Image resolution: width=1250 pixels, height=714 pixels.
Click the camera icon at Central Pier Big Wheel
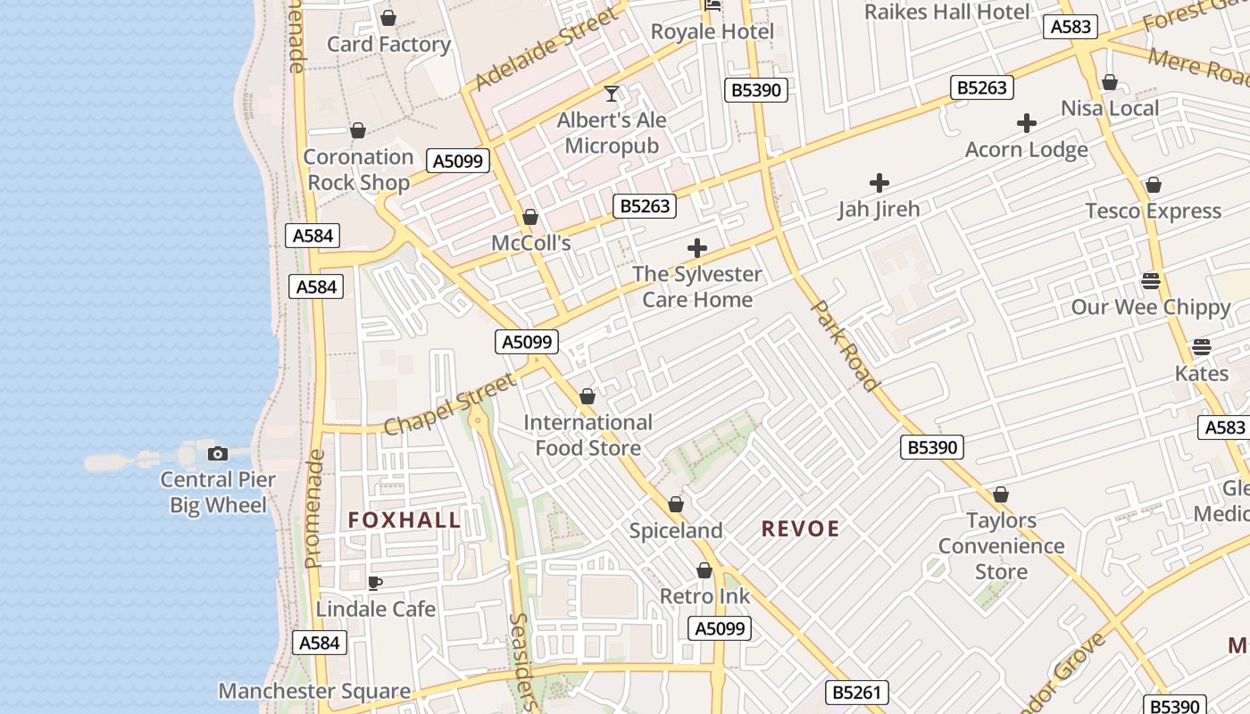click(x=217, y=453)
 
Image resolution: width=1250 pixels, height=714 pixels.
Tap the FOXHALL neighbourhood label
click(x=404, y=520)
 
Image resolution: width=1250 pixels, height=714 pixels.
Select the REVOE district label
click(x=800, y=529)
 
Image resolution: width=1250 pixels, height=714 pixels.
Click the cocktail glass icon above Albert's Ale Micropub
click(x=612, y=93)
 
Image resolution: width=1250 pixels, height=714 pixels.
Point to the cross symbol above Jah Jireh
click(x=879, y=183)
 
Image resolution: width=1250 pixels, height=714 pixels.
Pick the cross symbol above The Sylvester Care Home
click(x=697, y=248)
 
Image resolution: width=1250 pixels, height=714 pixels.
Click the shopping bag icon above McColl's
click(x=530, y=217)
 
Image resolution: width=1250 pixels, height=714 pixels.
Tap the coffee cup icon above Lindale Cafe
click(x=375, y=583)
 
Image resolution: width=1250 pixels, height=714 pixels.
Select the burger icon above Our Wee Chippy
click(x=1151, y=281)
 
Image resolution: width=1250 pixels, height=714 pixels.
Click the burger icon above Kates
click(x=1201, y=346)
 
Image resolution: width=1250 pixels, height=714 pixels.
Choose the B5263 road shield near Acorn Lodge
click(x=982, y=87)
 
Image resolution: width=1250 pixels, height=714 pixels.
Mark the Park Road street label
click(x=845, y=345)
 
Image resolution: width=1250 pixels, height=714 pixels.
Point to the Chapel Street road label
click(x=450, y=404)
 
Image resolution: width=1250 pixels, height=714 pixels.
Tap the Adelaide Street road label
click(x=546, y=49)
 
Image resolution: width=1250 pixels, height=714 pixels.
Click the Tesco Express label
click(x=1153, y=212)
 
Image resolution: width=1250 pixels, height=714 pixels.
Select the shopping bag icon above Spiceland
click(x=676, y=504)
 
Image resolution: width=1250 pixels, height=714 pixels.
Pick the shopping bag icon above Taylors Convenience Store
click(x=1001, y=494)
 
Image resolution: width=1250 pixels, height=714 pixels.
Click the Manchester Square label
click(x=314, y=691)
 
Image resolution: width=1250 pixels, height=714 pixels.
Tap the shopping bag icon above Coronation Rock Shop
click(x=358, y=131)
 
